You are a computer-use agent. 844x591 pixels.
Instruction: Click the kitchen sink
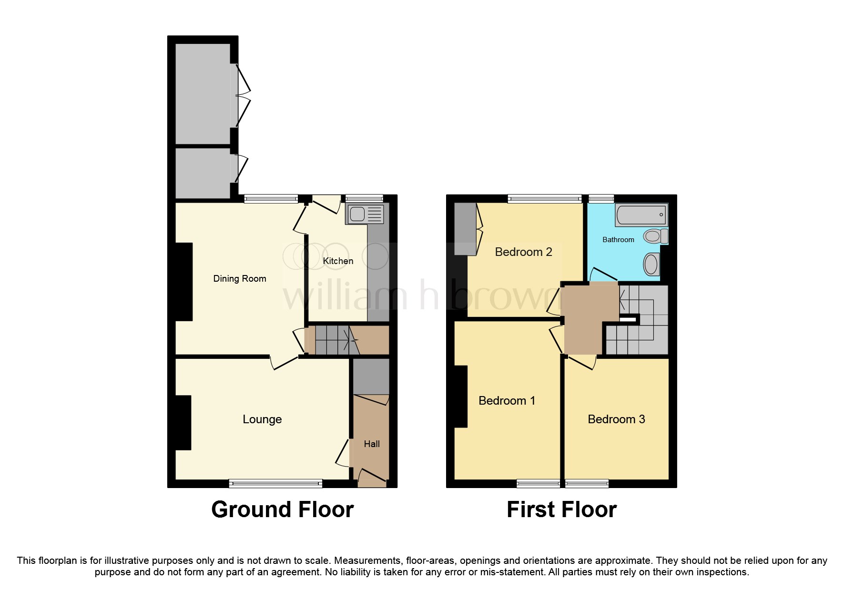click(365, 214)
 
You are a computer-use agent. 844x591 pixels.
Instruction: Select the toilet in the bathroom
click(655, 236)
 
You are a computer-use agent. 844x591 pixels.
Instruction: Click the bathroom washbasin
click(651, 264)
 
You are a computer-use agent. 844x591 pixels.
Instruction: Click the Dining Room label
click(239, 279)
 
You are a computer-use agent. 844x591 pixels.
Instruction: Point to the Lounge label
click(262, 419)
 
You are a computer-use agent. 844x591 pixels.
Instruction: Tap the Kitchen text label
click(338, 261)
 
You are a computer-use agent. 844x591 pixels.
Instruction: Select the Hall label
click(372, 444)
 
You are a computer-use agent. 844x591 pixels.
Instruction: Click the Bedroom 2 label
click(523, 252)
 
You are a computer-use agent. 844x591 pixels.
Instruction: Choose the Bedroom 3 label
click(616, 419)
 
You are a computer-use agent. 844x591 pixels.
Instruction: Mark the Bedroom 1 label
click(507, 401)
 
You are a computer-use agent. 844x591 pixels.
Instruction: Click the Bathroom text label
click(618, 240)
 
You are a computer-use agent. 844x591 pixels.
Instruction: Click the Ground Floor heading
click(282, 509)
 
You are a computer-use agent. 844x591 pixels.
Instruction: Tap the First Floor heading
click(561, 509)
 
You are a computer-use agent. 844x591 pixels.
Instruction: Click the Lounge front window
click(275, 484)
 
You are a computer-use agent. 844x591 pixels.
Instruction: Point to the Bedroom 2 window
click(545, 199)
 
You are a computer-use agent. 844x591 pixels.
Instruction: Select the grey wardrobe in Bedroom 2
click(465, 229)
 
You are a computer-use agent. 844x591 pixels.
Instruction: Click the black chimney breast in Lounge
click(183, 422)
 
